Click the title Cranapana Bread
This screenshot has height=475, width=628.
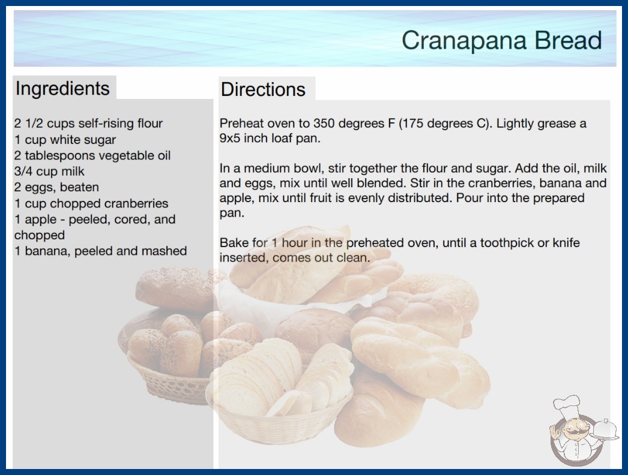tap(501, 40)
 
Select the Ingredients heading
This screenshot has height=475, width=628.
tap(62, 88)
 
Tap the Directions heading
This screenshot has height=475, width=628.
tap(263, 89)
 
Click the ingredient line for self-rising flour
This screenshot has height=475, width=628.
tap(88, 124)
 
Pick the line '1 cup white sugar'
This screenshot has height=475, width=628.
tap(65, 140)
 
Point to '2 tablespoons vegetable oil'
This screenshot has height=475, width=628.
tap(92, 155)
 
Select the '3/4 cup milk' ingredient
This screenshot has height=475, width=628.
tap(49, 172)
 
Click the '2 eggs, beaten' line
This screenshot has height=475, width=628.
tap(56, 187)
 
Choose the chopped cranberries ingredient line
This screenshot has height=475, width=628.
tap(91, 203)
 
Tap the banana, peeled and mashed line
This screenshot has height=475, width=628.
tap(100, 251)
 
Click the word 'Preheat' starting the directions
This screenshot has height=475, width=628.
tap(241, 124)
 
